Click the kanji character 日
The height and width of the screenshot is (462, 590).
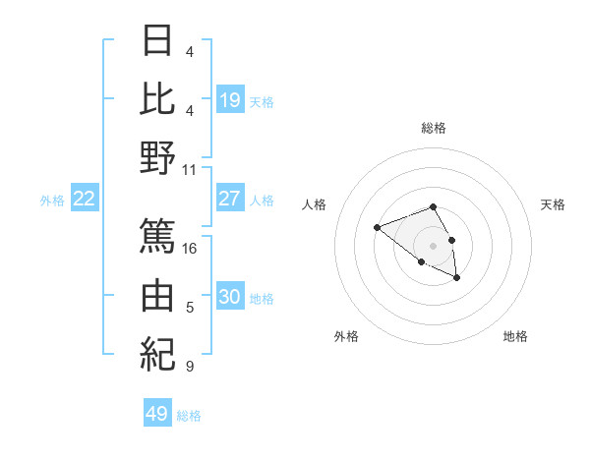(157, 41)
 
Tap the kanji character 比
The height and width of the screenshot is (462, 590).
(157, 98)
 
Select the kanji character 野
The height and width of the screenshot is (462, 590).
(157, 158)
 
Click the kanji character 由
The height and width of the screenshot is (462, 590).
(157, 295)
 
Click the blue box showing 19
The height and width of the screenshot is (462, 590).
(230, 99)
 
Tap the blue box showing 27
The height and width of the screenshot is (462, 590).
(230, 199)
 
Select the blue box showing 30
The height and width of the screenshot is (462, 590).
(230, 297)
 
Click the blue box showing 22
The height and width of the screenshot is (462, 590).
(85, 199)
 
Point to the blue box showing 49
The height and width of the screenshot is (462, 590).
(157, 414)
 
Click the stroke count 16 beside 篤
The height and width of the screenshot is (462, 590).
(191, 248)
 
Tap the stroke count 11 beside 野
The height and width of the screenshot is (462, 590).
(190, 169)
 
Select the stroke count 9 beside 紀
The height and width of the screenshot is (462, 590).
(190, 367)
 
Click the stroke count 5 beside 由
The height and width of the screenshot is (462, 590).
(190, 308)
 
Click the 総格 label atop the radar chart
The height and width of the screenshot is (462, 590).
(434, 128)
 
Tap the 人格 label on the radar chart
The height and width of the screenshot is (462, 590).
(315, 204)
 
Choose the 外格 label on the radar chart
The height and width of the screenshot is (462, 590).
(346, 336)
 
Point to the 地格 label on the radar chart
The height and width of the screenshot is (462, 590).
(515, 336)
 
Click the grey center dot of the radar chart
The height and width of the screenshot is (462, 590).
(434, 245)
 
